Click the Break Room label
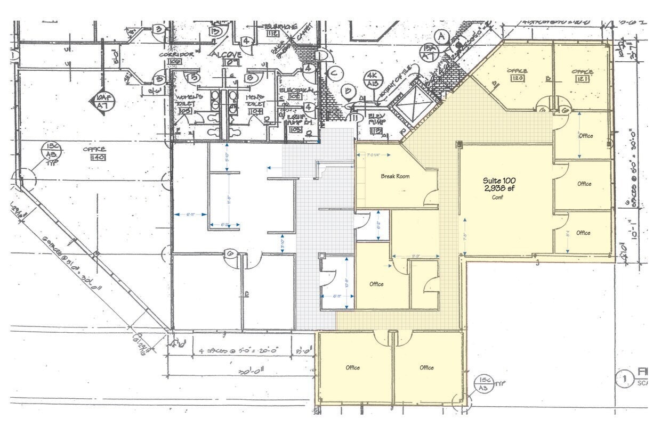pyautogui.click(x=395, y=176)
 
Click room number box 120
pyautogui.click(x=517, y=79)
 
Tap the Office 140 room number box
pyautogui.click(x=98, y=158)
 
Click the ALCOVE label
pyautogui.click(x=228, y=55)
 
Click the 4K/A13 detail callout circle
pyautogui.click(x=372, y=79)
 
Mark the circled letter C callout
pyautogui.click(x=333, y=73)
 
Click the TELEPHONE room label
pyautogui.click(x=279, y=27)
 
